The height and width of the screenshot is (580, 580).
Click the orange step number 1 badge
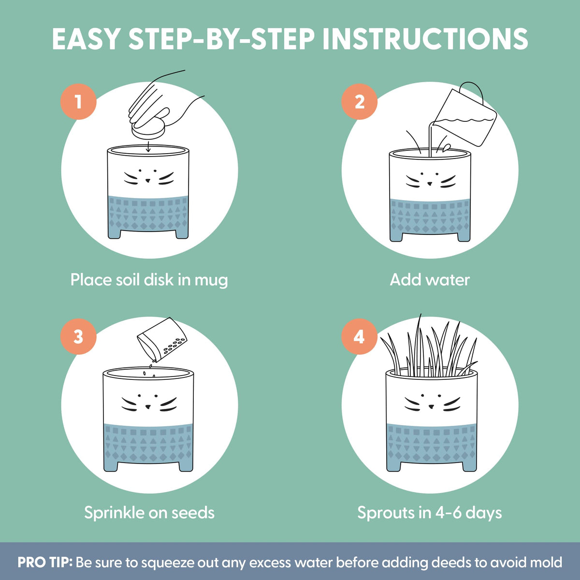click(x=79, y=101)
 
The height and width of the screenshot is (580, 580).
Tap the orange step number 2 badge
click(x=360, y=101)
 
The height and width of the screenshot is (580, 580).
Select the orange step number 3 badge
click(x=79, y=336)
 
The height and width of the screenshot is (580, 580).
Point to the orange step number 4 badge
click(x=360, y=336)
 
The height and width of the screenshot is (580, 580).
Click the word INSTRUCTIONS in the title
click(x=425, y=39)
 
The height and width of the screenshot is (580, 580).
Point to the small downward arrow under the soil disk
click(x=148, y=146)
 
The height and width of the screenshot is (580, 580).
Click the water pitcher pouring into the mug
click(x=464, y=116)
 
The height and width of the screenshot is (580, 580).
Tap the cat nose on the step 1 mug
click(x=148, y=181)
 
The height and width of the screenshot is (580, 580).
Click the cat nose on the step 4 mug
click(x=431, y=407)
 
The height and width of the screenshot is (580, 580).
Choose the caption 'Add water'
click(x=430, y=280)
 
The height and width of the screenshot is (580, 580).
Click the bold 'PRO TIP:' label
click(x=45, y=562)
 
